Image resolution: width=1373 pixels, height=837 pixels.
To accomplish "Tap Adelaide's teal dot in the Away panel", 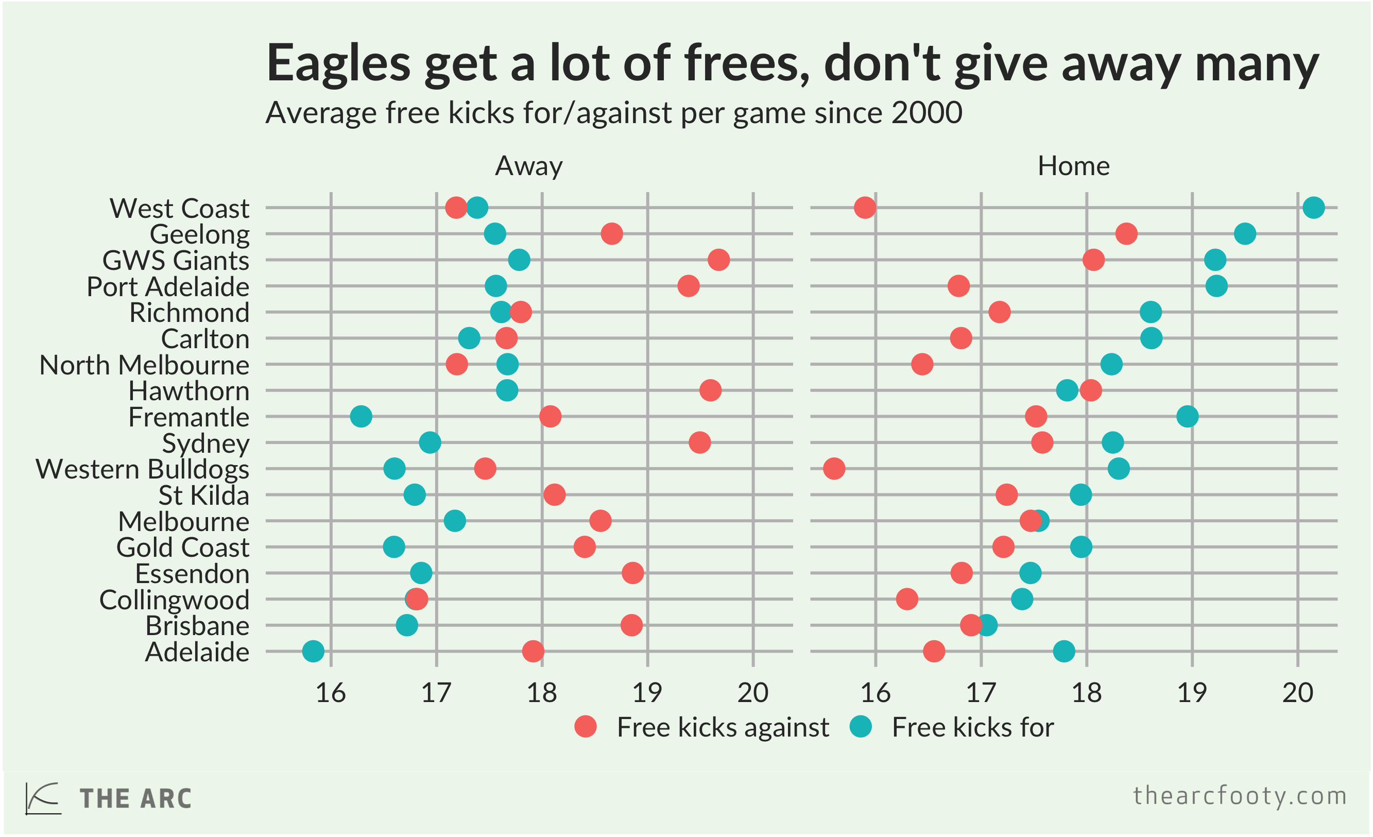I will coord(313,651).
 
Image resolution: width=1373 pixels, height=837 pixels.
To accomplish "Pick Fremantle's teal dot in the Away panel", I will coord(361,416).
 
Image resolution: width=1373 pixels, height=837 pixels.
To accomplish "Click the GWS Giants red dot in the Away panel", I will coord(719,260).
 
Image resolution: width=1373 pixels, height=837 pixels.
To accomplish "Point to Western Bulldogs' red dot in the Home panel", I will coord(834,469).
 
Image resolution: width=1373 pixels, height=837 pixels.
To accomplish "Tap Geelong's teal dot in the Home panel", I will coord(1245,234).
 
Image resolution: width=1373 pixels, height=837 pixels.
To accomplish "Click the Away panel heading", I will coord(529,166).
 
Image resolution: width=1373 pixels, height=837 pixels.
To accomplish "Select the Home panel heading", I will coord(1073,166).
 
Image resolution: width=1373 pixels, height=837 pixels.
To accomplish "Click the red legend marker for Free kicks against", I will coord(586,727).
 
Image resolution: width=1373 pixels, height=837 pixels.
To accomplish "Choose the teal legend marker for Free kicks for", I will coord(861,727).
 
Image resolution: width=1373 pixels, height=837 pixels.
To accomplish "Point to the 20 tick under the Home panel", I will coord(1298,693).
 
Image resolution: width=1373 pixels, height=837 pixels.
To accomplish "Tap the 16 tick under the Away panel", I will coord(331,693).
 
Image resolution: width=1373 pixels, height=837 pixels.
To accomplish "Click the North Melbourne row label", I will coord(144,366).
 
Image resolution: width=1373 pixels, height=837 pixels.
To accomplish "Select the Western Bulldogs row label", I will coord(143,469).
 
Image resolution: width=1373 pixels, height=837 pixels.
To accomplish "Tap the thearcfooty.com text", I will coord(1240,796).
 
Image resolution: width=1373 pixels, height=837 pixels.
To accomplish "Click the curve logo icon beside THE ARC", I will coord(43,798).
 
